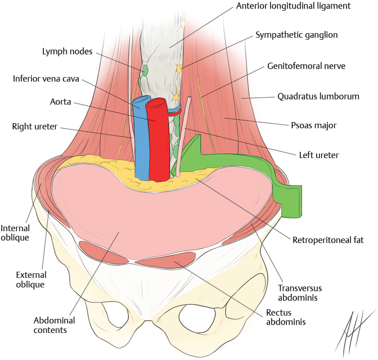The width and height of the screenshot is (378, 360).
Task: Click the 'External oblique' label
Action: pyautogui.click(x=31, y=280)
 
